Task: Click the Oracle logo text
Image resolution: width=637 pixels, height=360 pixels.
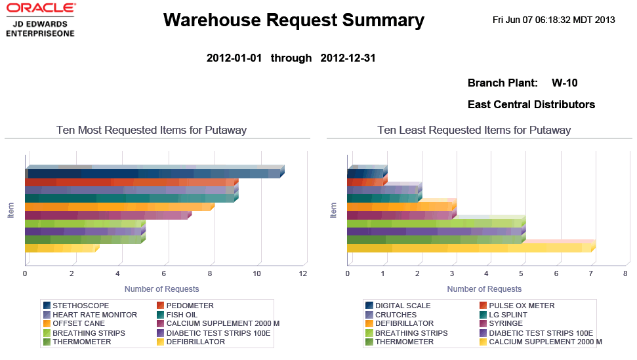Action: (41, 9)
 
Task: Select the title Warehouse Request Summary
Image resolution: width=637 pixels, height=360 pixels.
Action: (293, 20)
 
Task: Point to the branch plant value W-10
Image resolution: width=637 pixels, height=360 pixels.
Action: (564, 83)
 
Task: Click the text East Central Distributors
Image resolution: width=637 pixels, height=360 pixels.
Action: (531, 104)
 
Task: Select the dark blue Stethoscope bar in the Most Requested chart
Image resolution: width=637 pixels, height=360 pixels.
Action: (154, 174)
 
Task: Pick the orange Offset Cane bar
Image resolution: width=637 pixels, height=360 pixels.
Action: (118, 207)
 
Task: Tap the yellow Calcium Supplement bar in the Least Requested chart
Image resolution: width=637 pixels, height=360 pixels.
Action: (469, 248)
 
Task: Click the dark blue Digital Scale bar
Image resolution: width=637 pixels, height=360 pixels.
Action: (365, 174)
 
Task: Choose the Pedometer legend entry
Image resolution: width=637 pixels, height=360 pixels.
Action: (190, 306)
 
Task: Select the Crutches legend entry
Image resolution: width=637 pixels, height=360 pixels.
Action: (395, 315)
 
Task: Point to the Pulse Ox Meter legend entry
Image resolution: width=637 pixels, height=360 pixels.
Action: (522, 306)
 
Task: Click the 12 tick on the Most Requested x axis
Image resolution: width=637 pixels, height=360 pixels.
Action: (303, 273)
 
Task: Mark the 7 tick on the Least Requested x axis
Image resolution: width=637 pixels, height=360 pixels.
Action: (591, 273)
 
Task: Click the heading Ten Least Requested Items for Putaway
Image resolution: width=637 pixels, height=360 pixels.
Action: (474, 130)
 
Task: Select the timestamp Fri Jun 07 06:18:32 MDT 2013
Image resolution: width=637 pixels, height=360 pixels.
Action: (554, 20)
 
